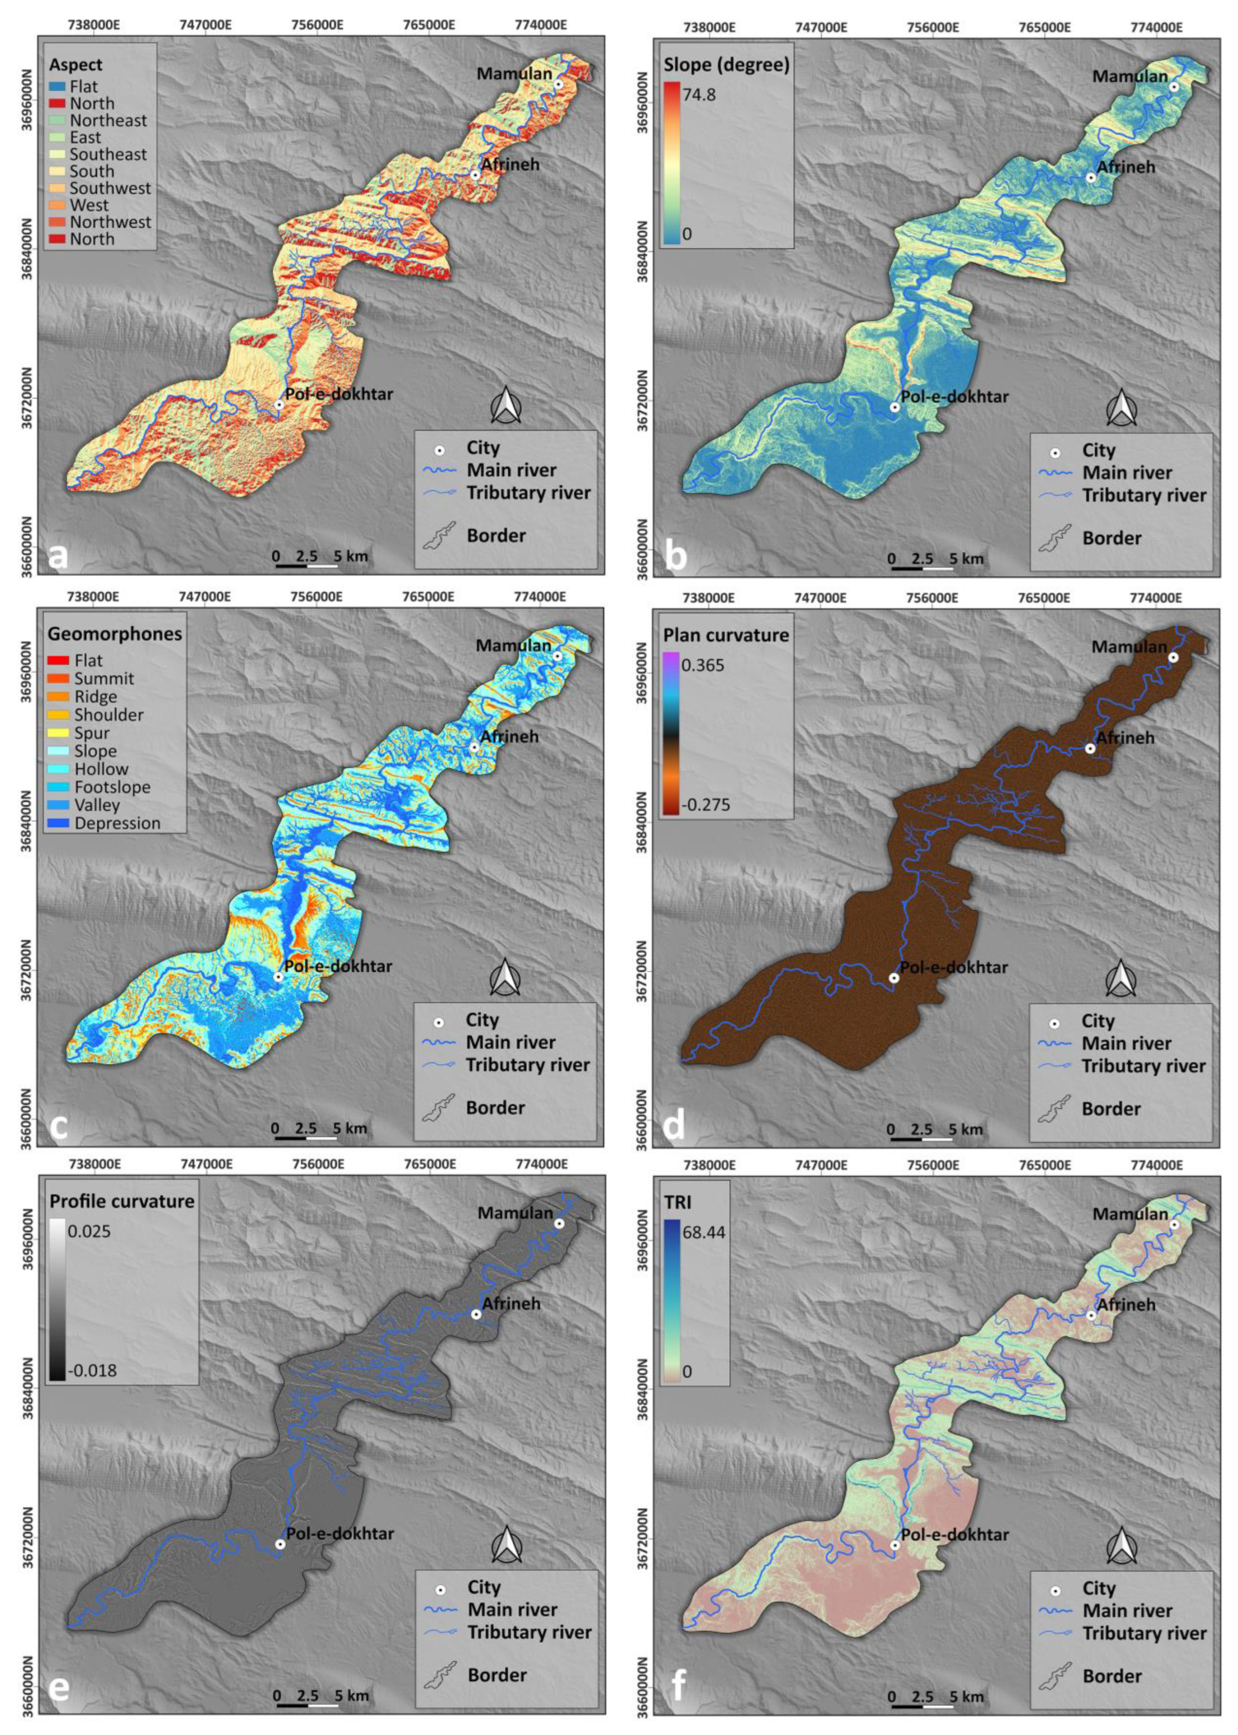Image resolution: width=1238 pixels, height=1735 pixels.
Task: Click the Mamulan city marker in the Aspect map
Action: point(558,85)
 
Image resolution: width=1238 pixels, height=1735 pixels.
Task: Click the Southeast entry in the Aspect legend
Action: point(108,154)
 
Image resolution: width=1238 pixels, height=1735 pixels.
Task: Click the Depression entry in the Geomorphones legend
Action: point(118,823)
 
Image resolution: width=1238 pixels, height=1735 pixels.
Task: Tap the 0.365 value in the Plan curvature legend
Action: point(703,666)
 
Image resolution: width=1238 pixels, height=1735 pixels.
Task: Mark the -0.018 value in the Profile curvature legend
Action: point(91,1371)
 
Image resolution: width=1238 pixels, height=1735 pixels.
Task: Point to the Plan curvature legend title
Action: point(726,634)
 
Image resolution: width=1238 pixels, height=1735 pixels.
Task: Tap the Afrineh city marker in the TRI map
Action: point(1091,1315)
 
